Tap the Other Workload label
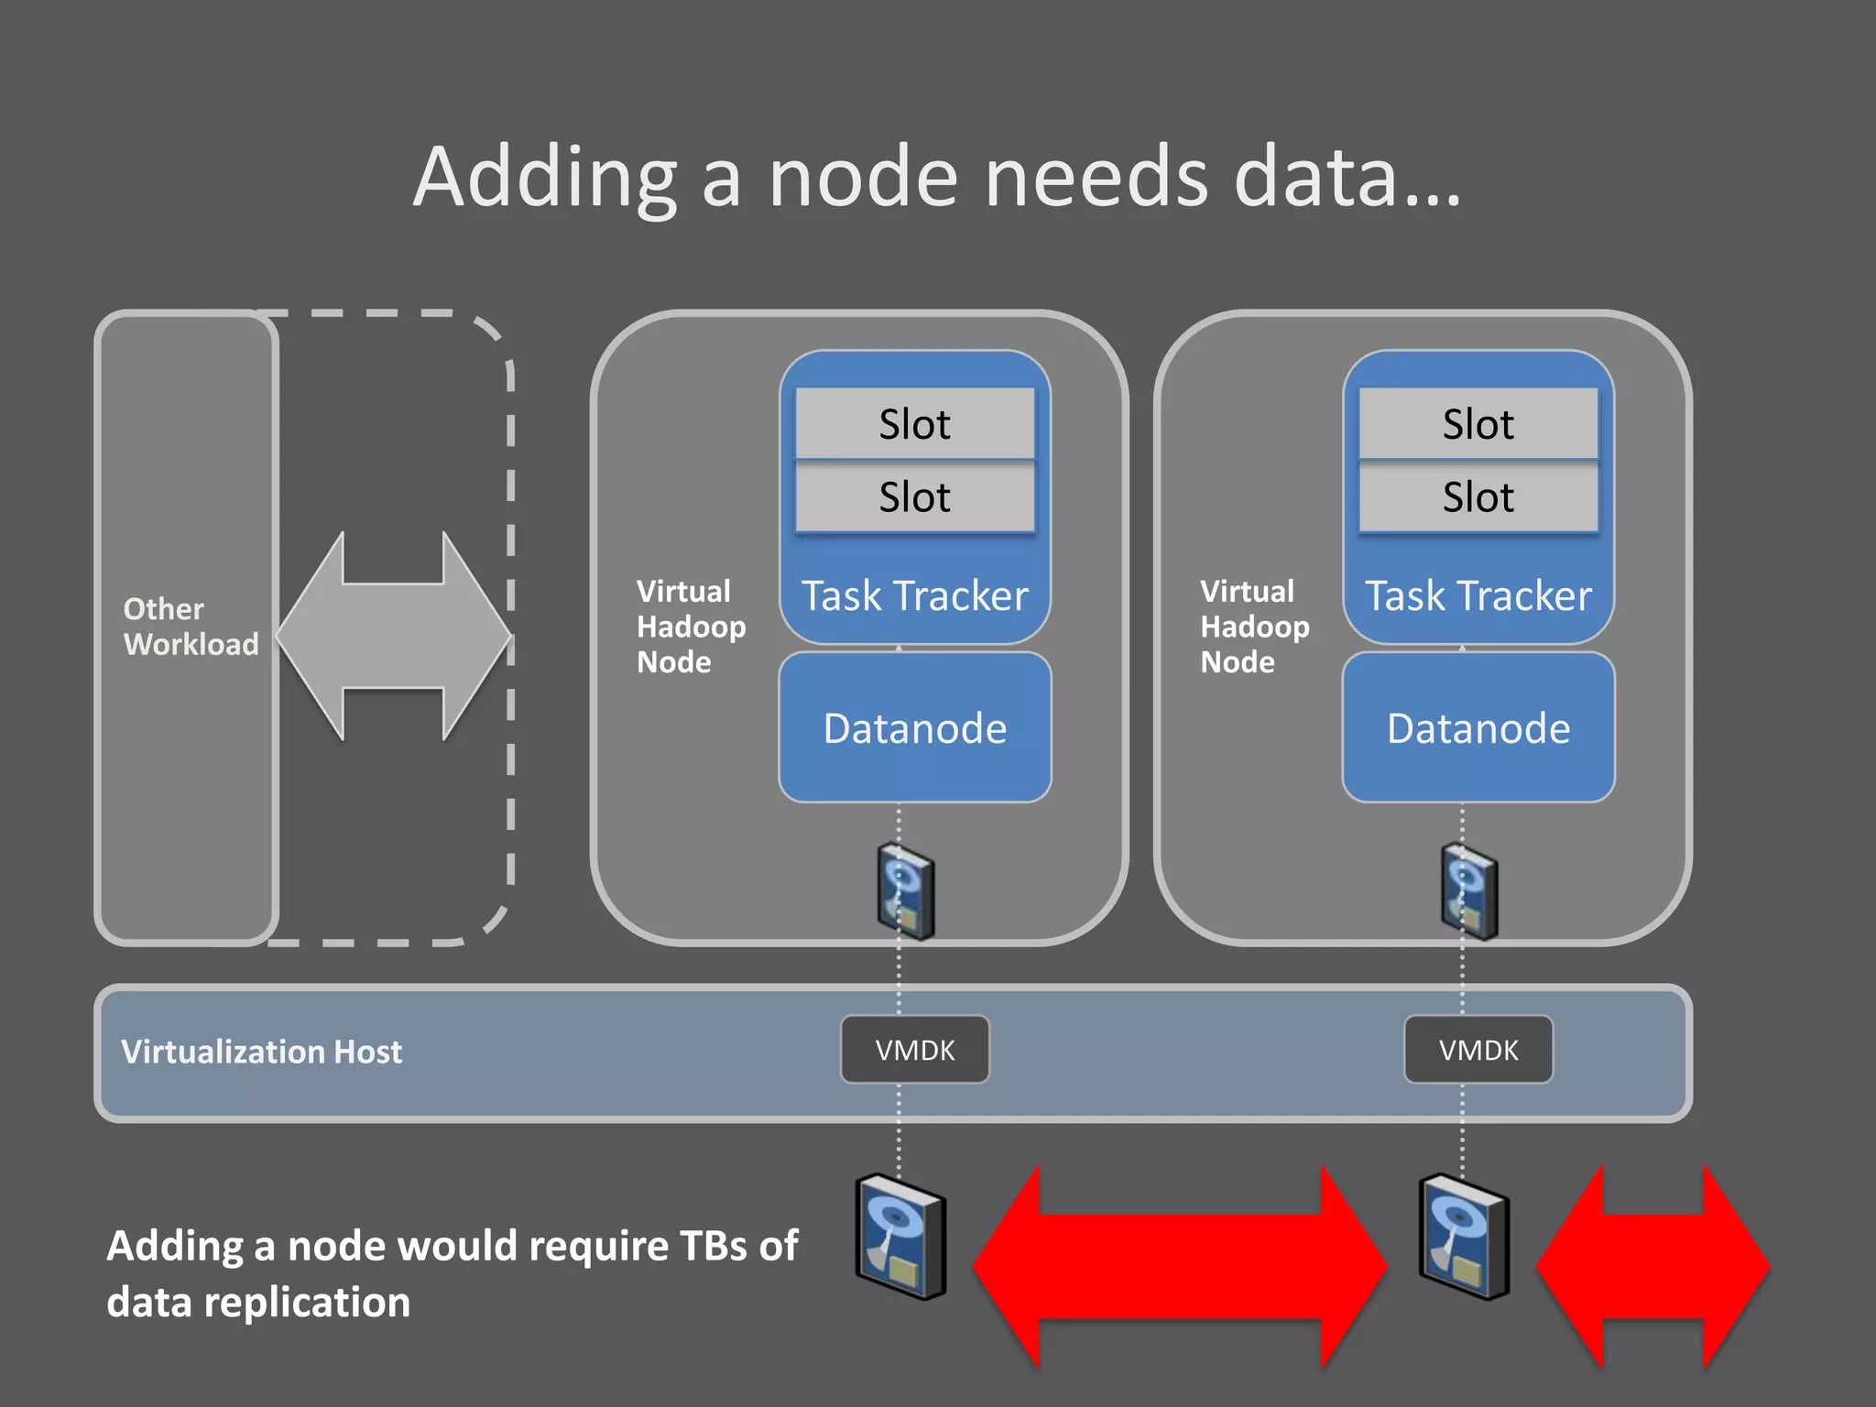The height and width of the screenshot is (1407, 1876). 191,627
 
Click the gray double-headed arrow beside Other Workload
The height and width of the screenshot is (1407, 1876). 394,636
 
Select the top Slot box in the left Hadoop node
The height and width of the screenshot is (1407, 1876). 915,424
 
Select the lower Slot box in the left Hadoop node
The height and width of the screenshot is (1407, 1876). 915,497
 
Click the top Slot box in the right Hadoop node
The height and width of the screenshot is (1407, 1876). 1478,424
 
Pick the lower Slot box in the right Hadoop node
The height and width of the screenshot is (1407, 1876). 1478,497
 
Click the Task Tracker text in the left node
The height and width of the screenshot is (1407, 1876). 915,596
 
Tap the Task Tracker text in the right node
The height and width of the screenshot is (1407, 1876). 1478,596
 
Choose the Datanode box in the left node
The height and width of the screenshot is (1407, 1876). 915,728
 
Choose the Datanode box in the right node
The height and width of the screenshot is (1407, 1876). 1478,728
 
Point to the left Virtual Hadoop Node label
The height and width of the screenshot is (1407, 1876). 691,627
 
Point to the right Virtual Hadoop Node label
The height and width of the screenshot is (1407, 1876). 1254,627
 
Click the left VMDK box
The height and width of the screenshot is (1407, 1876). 915,1050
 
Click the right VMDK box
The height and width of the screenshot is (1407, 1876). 1478,1050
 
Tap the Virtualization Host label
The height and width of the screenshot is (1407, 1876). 262,1052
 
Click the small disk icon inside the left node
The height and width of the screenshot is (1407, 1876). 906,892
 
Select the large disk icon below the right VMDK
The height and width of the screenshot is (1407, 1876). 1464,1238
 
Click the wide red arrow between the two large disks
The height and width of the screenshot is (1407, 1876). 1180,1268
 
